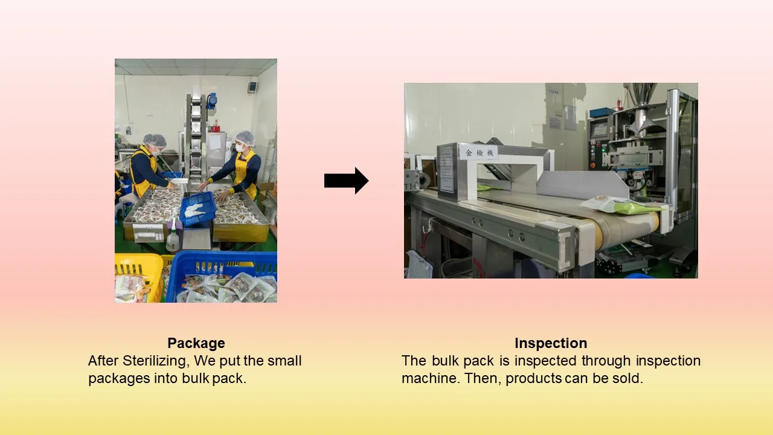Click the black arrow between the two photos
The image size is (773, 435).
pyautogui.click(x=346, y=181)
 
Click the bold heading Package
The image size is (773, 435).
pyautogui.click(x=196, y=343)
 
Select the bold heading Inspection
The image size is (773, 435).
pyautogui.click(x=551, y=343)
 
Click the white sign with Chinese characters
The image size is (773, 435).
pyautogui.click(x=479, y=153)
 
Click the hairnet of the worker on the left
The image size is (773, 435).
pyautogui.click(x=155, y=140)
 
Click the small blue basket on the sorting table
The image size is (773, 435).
pyautogui.click(x=197, y=208)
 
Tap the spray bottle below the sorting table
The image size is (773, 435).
pyautogui.click(x=173, y=236)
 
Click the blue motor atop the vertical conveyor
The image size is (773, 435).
pyautogui.click(x=211, y=101)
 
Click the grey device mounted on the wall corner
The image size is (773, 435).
pyautogui.click(x=252, y=87)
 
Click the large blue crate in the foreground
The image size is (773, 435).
pyautogui.click(x=221, y=276)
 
